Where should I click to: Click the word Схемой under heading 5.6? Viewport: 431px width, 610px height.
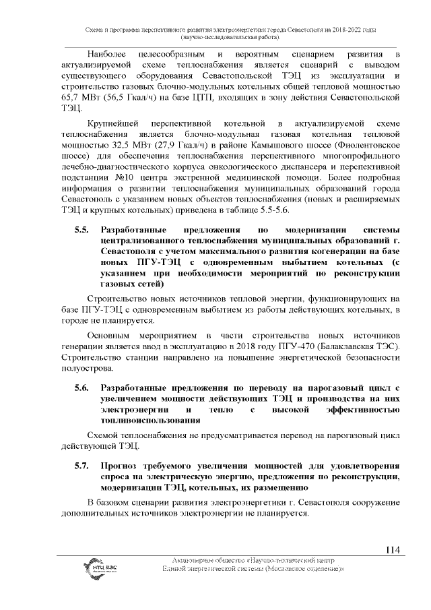tap(108, 435)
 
